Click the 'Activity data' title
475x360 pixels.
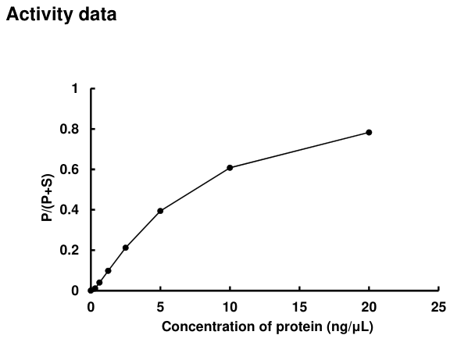point(62,15)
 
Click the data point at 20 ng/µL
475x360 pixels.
point(369,132)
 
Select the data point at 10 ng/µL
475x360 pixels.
point(230,167)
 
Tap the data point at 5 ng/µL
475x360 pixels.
point(160,211)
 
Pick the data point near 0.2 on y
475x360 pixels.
point(126,248)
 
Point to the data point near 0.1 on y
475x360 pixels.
point(108,271)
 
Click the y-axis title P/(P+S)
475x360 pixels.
point(48,190)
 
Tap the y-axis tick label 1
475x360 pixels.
point(75,88)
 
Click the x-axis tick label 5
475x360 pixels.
point(160,306)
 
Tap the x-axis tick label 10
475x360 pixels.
point(230,306)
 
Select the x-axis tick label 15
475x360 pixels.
point(299,306)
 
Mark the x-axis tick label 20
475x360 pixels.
point(369,306)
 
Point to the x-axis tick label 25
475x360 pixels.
point(438,306)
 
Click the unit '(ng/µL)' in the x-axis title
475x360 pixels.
point(349,326)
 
